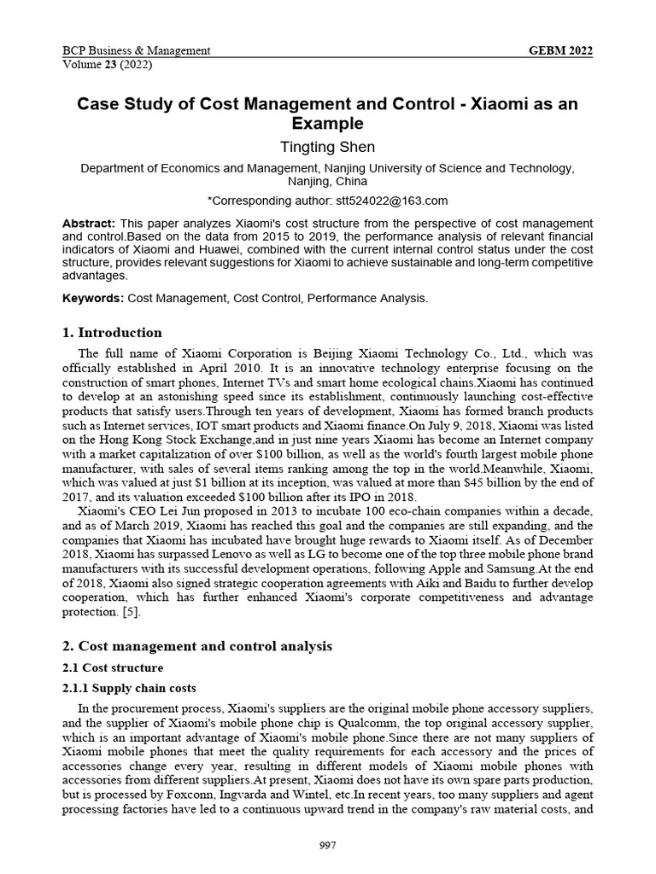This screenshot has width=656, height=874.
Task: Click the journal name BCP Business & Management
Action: pos(137,51)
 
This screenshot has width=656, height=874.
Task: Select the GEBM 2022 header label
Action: pos(561,51)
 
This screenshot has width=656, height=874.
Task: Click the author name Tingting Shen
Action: pos(327,147)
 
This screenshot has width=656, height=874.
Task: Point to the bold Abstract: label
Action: pos(88,223)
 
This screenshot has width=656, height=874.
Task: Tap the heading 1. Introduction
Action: pos(112,332)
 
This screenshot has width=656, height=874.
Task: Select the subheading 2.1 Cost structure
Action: pos(113,667)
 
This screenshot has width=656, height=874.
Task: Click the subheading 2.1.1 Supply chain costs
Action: pos(129,688)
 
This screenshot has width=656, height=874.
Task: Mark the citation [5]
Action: pos(130,613)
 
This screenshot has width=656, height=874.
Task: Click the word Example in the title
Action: pos(327,124)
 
